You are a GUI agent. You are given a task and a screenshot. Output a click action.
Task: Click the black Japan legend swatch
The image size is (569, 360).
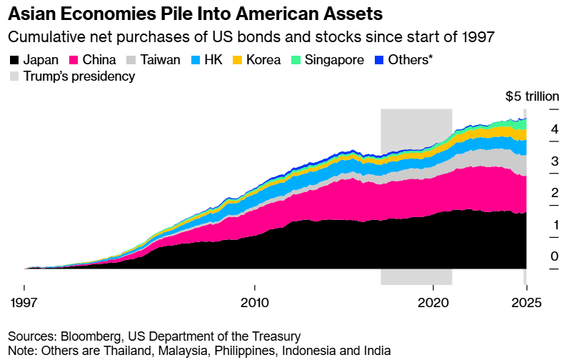14,61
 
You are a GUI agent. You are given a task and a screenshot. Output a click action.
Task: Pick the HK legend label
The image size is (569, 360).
213,61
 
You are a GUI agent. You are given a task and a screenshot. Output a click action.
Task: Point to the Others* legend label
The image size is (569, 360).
411,61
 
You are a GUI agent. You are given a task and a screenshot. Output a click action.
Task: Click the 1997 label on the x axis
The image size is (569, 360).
25,302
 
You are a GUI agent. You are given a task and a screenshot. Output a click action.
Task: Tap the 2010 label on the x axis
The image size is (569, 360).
255,302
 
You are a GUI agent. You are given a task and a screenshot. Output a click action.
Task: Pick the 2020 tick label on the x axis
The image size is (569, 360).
433,302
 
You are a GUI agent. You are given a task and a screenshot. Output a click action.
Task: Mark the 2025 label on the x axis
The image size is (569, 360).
526,302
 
